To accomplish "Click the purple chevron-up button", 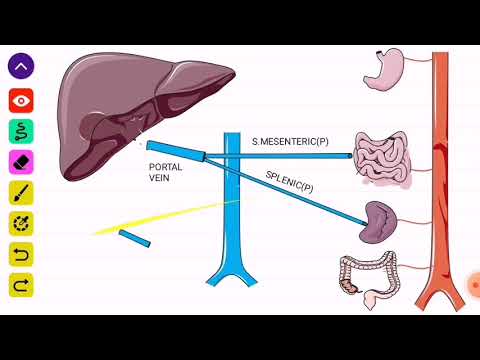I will click(x=22, y=67).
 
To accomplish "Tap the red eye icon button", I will click(x=22, y=99).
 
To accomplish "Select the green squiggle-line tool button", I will click(x=22, y=130).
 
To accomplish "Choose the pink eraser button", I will click(x=22, y=161).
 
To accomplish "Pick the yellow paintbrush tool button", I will click(x=22, y=192).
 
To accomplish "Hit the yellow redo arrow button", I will click(x=22, y=285).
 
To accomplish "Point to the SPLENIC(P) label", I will click(x=290, y=182).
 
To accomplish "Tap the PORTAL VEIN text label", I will click(x=165, y=172).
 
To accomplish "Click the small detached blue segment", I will click(x=134, y=239).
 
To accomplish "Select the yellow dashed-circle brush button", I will click(x=22, y=223).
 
